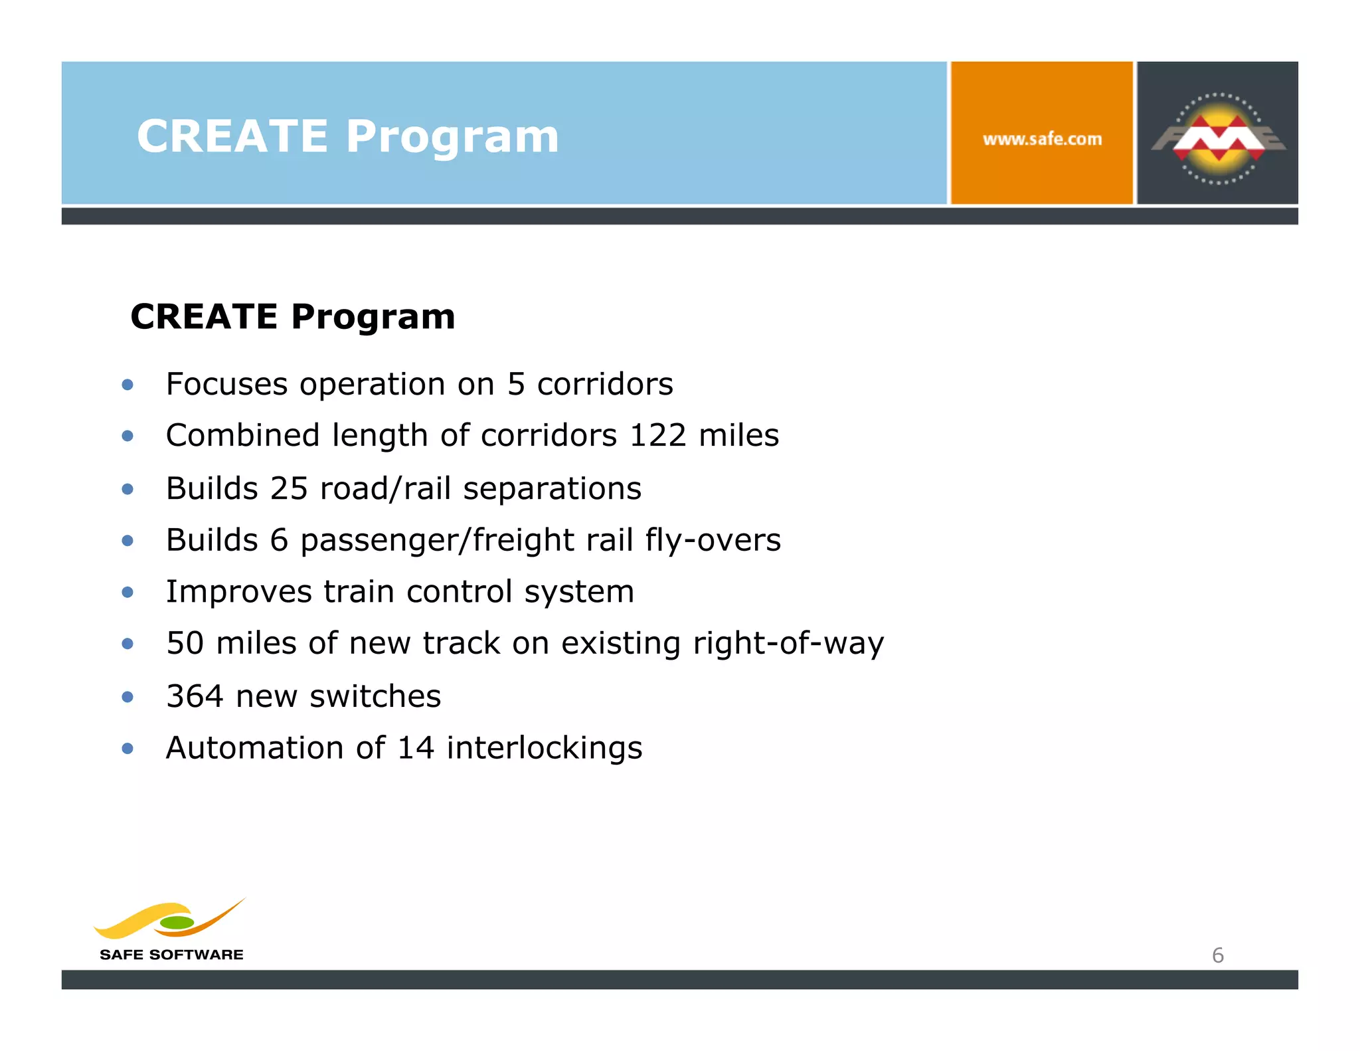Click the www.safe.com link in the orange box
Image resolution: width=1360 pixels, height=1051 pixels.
coord(1042,140)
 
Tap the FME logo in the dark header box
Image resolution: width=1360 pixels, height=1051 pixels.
coord(1218,138)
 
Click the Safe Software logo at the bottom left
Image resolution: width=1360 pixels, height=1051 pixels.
coord(171,930)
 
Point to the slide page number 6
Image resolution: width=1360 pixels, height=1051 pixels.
coord(1217,955)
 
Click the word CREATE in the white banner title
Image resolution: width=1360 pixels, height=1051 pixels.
coord(232,137)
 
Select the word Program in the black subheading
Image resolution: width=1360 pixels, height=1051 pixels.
coord(373,316)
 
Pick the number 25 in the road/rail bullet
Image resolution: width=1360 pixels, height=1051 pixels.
coord(289,488)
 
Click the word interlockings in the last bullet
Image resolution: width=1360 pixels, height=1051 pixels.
coord(544,748)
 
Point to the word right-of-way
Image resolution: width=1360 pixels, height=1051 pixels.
coord(788,644)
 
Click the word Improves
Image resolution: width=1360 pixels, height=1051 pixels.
coord(238,592)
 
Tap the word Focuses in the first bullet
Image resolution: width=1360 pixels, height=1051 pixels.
coord(226,385)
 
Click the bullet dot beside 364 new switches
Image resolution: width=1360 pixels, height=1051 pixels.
coord(128,697)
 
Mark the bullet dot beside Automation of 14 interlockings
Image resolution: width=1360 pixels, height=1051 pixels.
coord(128,749)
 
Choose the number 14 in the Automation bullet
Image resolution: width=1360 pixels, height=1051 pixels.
coord(416,748)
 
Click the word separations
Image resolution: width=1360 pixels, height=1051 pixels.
coord(552,489)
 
